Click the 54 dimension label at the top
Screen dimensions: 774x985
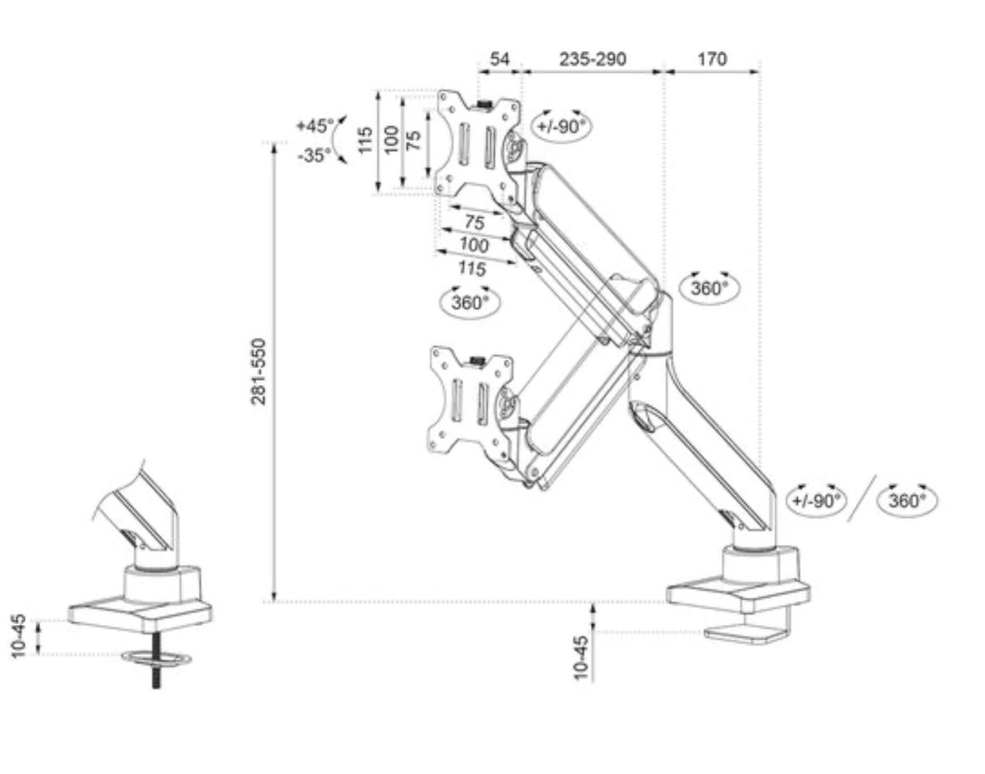[x=499, y=59]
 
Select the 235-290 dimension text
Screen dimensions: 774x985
[x=592, y=59]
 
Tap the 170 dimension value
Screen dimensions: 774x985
[x=711, y=59]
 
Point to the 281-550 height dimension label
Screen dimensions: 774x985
[x=258, y=371]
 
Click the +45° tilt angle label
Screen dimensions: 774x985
[x=315, y=126]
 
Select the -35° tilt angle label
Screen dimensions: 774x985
[x=314, y=156]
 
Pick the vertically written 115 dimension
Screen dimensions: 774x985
[x=365, y=140]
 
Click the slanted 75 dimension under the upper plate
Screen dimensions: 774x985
[x=474, y=222]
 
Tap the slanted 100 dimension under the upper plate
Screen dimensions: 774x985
[x=474, y=245]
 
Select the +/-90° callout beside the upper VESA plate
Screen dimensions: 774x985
[x=561, y=126]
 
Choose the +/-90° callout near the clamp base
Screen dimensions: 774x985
[x=817, y=501]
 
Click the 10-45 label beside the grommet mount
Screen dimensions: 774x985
[x=19, y=635]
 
